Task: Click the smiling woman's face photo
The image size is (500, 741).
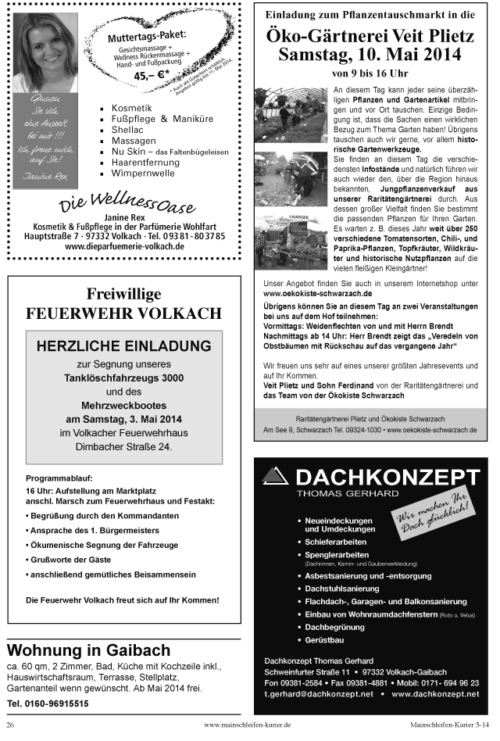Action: click(x=45, y=53)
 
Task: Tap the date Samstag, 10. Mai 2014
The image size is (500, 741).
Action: click(x=370, y=55)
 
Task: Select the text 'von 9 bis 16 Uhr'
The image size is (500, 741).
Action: click(x=369, y=73)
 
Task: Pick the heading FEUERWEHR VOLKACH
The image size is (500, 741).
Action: click(x=123, y=313)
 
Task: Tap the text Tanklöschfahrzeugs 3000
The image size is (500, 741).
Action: click(x=123, y=378)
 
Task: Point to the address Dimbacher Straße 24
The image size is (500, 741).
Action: click(x=123, y=447)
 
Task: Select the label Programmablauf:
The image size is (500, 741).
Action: click(x=59, y=477)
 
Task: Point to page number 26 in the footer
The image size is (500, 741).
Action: click(x=11, y=725)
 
